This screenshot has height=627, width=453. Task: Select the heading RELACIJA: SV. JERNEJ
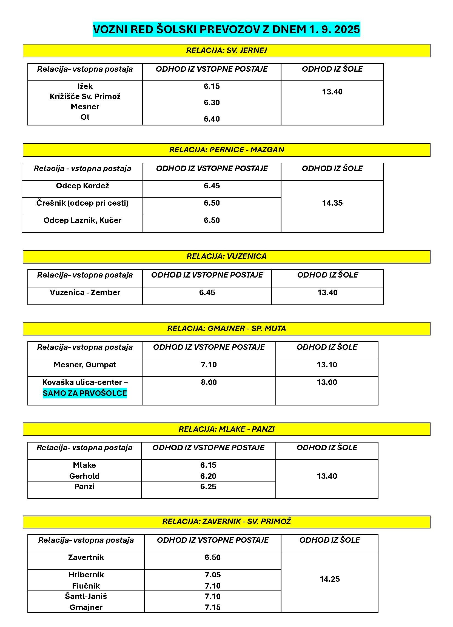[x=226, y=51]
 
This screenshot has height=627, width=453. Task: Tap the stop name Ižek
[x=85, y=86]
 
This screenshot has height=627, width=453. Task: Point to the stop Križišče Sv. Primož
[x=85, y=96]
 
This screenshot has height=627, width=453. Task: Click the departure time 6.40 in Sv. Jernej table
[x=212, y=119]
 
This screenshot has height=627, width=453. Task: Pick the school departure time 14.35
[x=332, y=203]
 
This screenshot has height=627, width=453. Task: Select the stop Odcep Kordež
[x=82, y=186]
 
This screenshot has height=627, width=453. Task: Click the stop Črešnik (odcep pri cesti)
[x=82, y=203]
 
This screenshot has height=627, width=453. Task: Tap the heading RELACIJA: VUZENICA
[x=226, y=256]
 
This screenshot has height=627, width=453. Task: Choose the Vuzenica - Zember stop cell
[x=85, y=292]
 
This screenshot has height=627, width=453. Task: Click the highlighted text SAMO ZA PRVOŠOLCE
[x=85, y=393]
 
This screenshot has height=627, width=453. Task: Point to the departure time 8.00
[x=209, y=382]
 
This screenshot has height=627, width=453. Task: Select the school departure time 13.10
[x=327, y=365]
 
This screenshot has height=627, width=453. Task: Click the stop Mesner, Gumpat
[x=85, y=365]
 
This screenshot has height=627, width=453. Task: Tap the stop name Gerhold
[x=84, y=476]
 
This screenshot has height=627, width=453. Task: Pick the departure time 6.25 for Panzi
[x=208, y=486]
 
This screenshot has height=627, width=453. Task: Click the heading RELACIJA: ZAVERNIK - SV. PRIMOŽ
[x=226, y=521]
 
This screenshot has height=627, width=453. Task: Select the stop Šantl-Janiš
[x=86, y=596]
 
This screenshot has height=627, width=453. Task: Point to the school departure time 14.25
[x=330, y=579]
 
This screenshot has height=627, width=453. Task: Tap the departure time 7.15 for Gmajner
[x=213, y=607]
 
